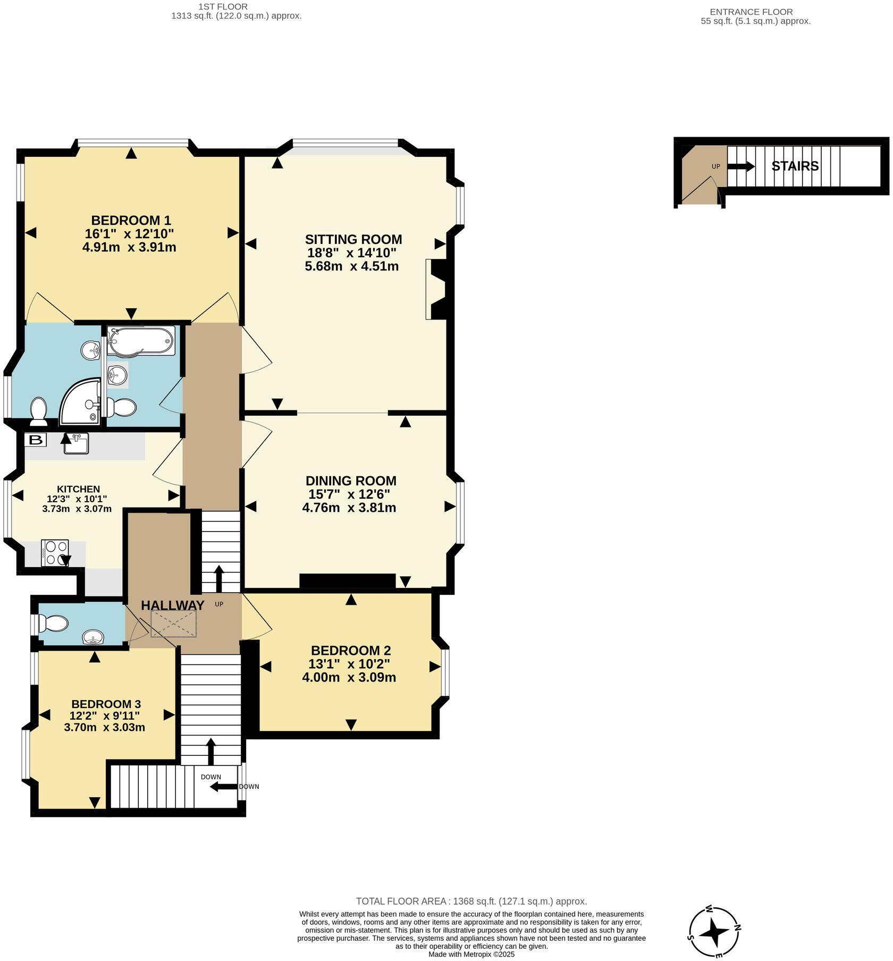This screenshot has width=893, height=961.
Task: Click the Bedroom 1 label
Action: click(x=131, y=220)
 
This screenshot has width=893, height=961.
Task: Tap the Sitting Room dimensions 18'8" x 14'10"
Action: click(x=351, y=252)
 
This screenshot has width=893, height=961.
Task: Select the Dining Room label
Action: click(x=351, y=480)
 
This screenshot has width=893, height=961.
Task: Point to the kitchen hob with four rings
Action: click(x=55, y=553)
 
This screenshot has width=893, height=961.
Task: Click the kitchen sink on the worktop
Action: click(x=76, y=444)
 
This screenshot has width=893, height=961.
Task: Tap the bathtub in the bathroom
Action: click(x=140, y=341)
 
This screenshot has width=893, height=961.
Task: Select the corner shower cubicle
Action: click(x=80, y=402)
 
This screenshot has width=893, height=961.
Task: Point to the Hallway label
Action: click(x=172, y=605)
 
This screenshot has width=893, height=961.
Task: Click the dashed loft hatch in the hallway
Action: click(x=173, y=623)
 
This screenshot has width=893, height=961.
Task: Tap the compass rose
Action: click(x=714, y=932)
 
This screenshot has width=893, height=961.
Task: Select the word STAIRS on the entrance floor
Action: click(x=795, y=166)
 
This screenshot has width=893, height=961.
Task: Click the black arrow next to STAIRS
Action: click(x=741, y=166)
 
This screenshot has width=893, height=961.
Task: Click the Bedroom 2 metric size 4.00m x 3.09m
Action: click(x=349, y=677)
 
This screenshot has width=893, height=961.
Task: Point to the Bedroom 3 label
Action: click(x=106, y=704)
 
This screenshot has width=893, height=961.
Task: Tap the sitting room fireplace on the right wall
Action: click(x=437, y=289)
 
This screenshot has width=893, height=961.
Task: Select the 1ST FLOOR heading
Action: click(x=223, y=6)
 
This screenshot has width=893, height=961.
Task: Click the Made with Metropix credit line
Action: click(x=471, y=954)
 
